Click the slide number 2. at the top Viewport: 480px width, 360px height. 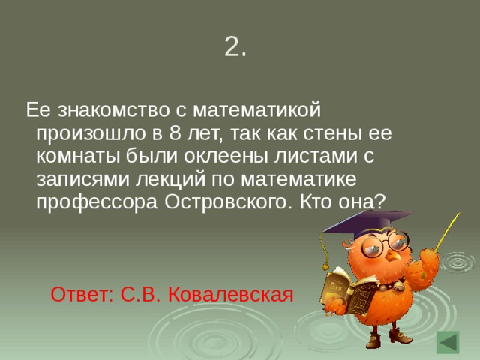click(x=235, y=47)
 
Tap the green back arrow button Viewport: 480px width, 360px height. click(x=447, y=342)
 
